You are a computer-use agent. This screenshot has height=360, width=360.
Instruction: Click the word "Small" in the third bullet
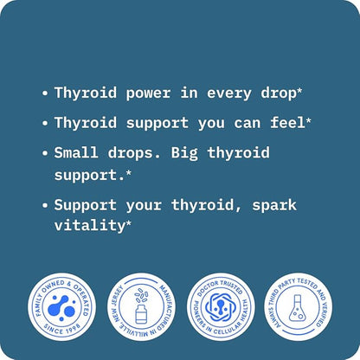(x=76, y=153)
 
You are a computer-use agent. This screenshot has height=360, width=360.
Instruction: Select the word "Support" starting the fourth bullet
(x=84, y=205)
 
